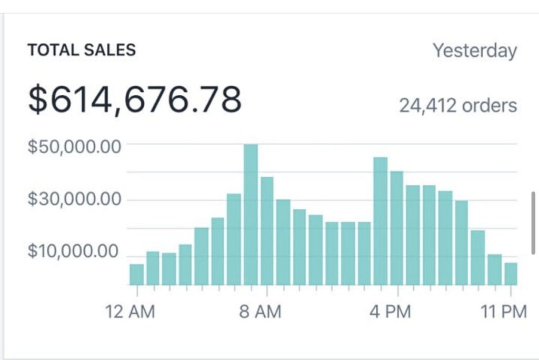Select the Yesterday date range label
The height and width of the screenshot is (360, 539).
(x=475, y=51)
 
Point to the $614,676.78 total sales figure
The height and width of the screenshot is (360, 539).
(x=135, y=99)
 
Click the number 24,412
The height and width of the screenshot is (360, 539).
(x=428, y=106)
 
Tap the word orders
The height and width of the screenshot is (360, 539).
(x=490, y=106)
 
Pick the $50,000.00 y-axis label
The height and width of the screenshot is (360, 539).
(x=74, y=146)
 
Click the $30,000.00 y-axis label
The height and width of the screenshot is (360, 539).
(x=74, y=200)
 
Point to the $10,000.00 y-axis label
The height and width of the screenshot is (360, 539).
(x=74, y=252)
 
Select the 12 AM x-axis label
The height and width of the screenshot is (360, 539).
(x=131, y=312)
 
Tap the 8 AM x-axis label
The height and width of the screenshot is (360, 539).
(x=261, y=312)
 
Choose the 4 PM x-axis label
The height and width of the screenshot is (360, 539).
(x=390, y=312)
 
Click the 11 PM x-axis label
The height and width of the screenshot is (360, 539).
(x=504, y=312)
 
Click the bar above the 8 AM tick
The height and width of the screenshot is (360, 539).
(x=267, y=231)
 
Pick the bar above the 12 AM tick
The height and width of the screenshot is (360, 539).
(x=137, y=275)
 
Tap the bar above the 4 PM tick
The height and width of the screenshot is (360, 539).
(x=397, y=228)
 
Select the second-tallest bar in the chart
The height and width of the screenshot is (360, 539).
(x=381, y=221)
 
